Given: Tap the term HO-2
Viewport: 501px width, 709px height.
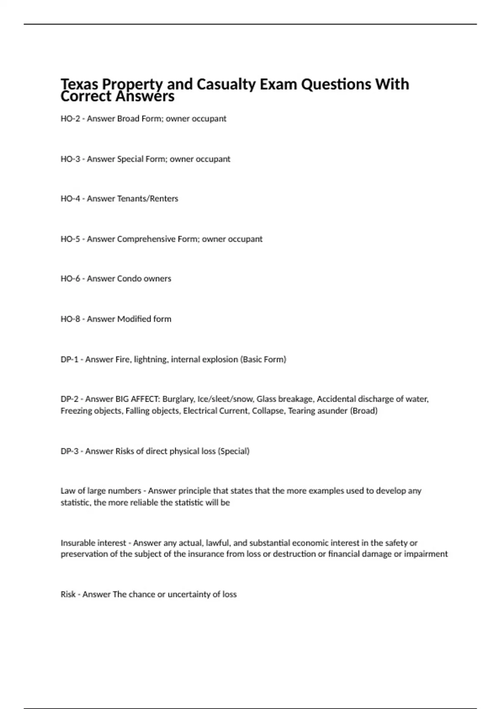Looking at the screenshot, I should click(x=70, y=119).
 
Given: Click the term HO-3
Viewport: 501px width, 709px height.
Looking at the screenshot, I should click(x=70, y=159).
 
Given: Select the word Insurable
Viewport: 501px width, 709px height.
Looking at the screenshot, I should click(x=78, y=543).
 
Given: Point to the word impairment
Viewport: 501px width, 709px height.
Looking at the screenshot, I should click(x=426, y=554).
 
